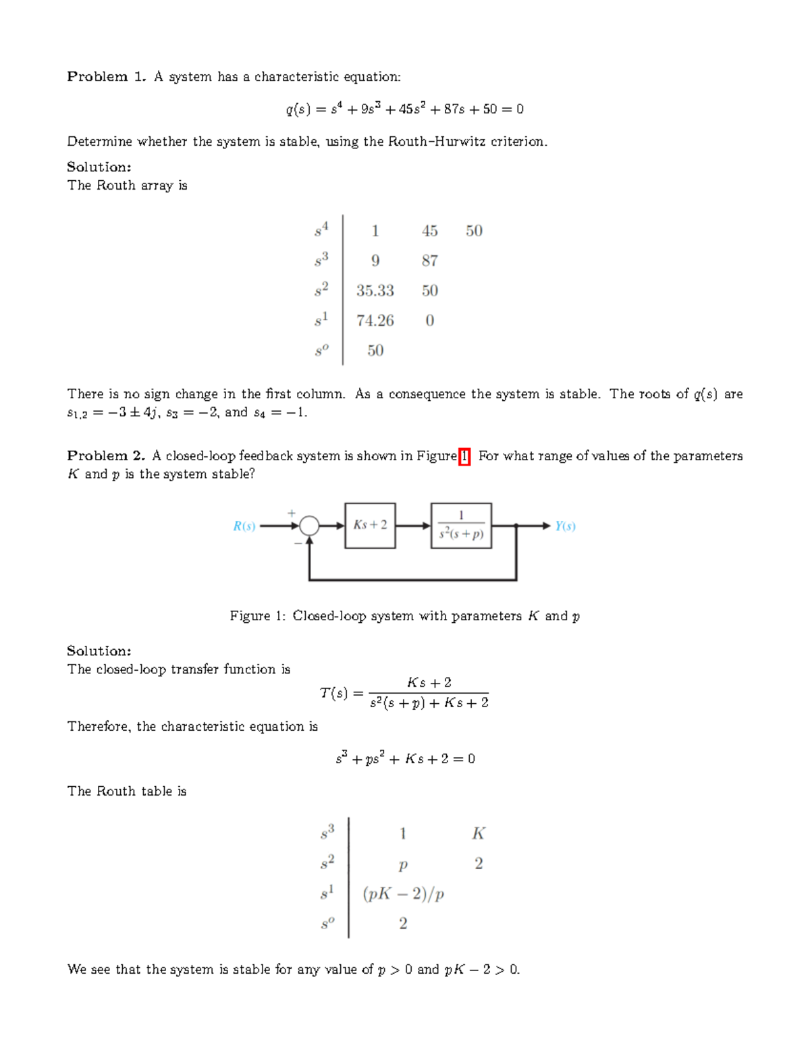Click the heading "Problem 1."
(106, 77)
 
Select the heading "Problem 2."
(106, 456)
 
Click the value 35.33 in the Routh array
(375, 291)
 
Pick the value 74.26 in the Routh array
(375, 321)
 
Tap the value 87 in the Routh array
(429, 260)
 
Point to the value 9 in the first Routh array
(375, 260)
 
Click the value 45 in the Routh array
(429, 231)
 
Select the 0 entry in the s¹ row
(429, 321)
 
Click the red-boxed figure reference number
(464, 456)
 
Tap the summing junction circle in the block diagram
(309, 526)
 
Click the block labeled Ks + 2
(370, 525)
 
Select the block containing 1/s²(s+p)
(461, 525)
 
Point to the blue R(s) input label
(244, 526)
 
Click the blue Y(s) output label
(565, 526)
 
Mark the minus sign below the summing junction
(298, 543)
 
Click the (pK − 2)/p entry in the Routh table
(403, 894)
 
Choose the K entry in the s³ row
(479, 834)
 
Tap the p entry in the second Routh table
(403, 864)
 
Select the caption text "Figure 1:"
(258, 616)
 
